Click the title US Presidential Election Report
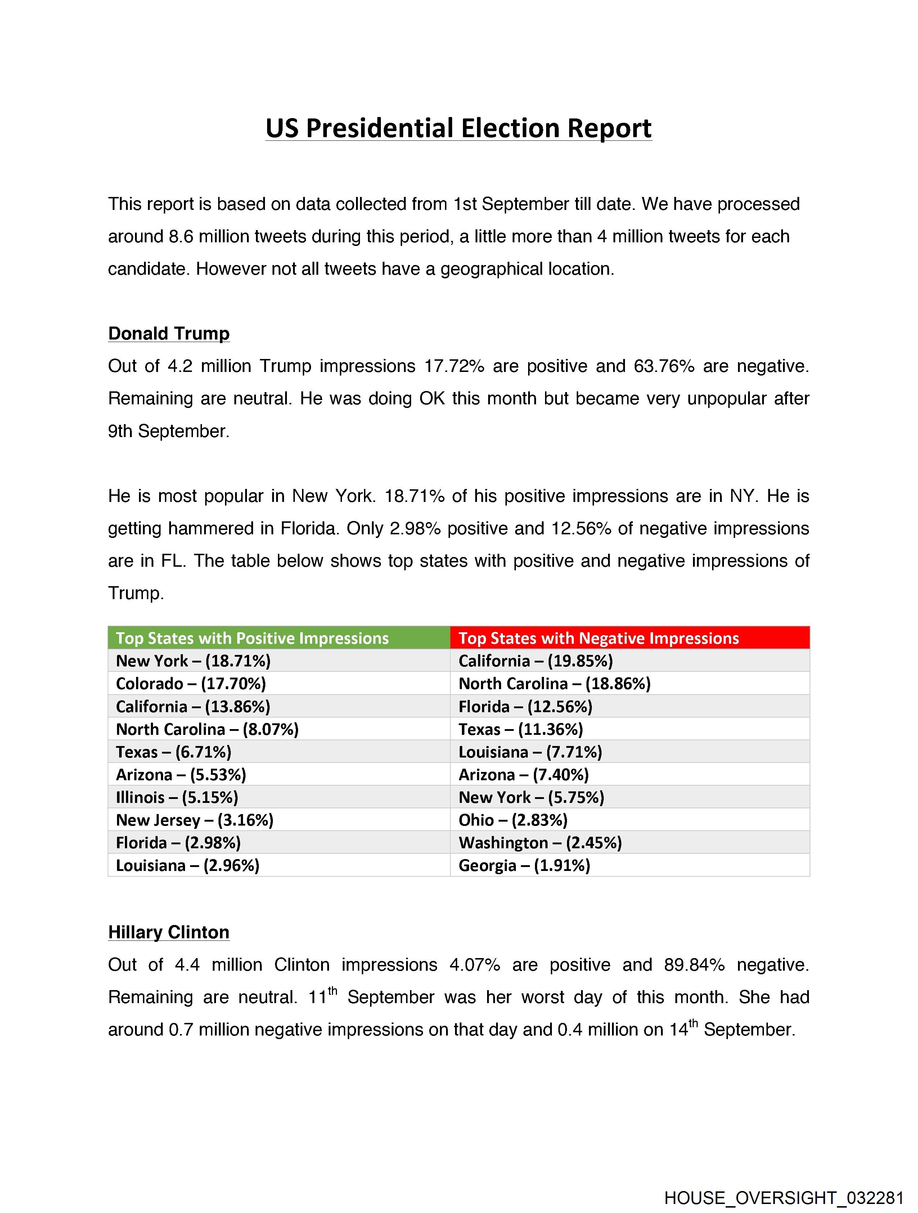[458, 128]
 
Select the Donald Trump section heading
[168, 333]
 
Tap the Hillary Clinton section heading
[168, 932]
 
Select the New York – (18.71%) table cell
[194, 661]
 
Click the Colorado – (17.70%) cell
[191, 684]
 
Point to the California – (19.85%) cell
[536, 661]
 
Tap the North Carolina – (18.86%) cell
[554, 684]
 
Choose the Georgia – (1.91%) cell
[524, 865]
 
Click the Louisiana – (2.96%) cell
[188, 865]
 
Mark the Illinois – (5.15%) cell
[177, 798]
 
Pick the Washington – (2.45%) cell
[540, 843]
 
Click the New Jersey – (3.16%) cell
[195, 820]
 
